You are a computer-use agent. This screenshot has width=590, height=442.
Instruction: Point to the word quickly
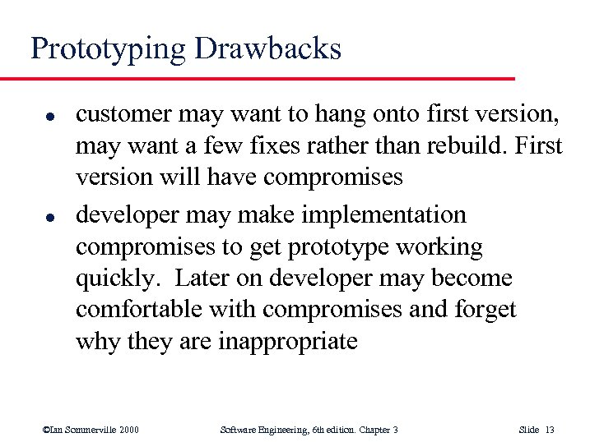[115, 279]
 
